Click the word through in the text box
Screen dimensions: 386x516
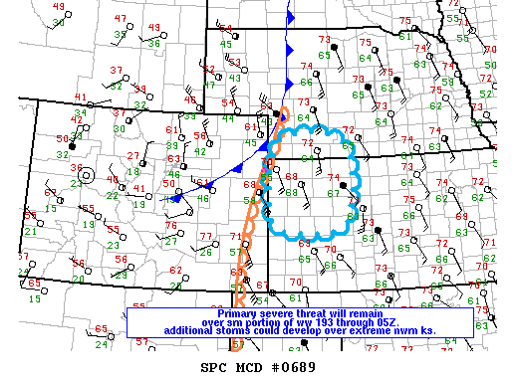click(355, 321)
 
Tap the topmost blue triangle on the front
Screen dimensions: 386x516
click(290, 17)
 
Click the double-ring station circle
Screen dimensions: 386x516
click(87, 176)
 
